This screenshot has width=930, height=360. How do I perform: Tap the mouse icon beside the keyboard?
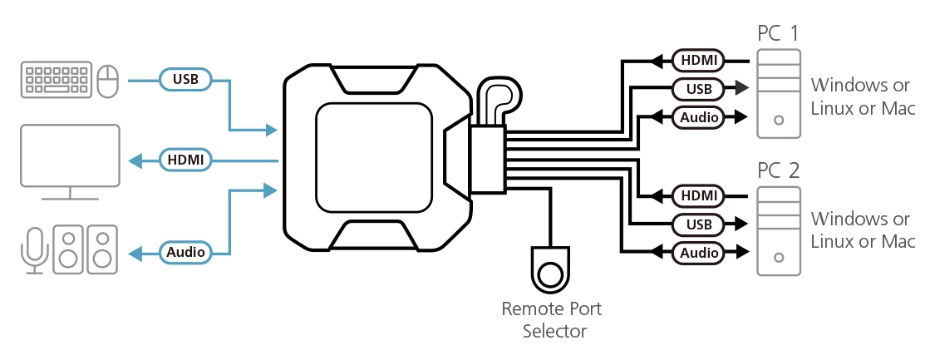pyautogui.click(x=107, y=81)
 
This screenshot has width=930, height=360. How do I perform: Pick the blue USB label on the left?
pyautogui.click(x=185, y=80)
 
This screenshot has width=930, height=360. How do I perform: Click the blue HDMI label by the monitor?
pyautogui.click(x=185, y=159)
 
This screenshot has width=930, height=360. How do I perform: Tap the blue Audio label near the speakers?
pyautogui.click(x=185, y=251)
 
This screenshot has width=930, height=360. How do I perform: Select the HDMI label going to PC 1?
pyautogui.click(x=698, y=60)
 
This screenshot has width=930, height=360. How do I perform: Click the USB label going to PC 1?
pyautogui.click(x=698, y=88)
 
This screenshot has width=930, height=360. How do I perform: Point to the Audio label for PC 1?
pyautogui.click(x=698, y=117)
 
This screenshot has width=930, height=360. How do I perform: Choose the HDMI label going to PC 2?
pyautogui.click(x=698, y=196)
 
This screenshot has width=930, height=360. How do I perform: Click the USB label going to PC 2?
pyautogui.click(x=698, y=224)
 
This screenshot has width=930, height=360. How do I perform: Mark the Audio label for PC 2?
pyautogui.click(x=698, y=252)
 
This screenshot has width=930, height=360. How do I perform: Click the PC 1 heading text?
pyautogui.click(x=779, y=34)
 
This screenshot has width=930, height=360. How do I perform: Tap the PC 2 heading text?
pyautogui.click(x=779, y=171)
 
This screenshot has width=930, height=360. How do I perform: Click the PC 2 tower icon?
pyautogui.click(x=779, y=232)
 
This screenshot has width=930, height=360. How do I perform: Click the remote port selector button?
pyautogui.click(x=550, y=272)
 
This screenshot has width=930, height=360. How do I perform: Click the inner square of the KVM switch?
pyautogui.click(x=373, y=157)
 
